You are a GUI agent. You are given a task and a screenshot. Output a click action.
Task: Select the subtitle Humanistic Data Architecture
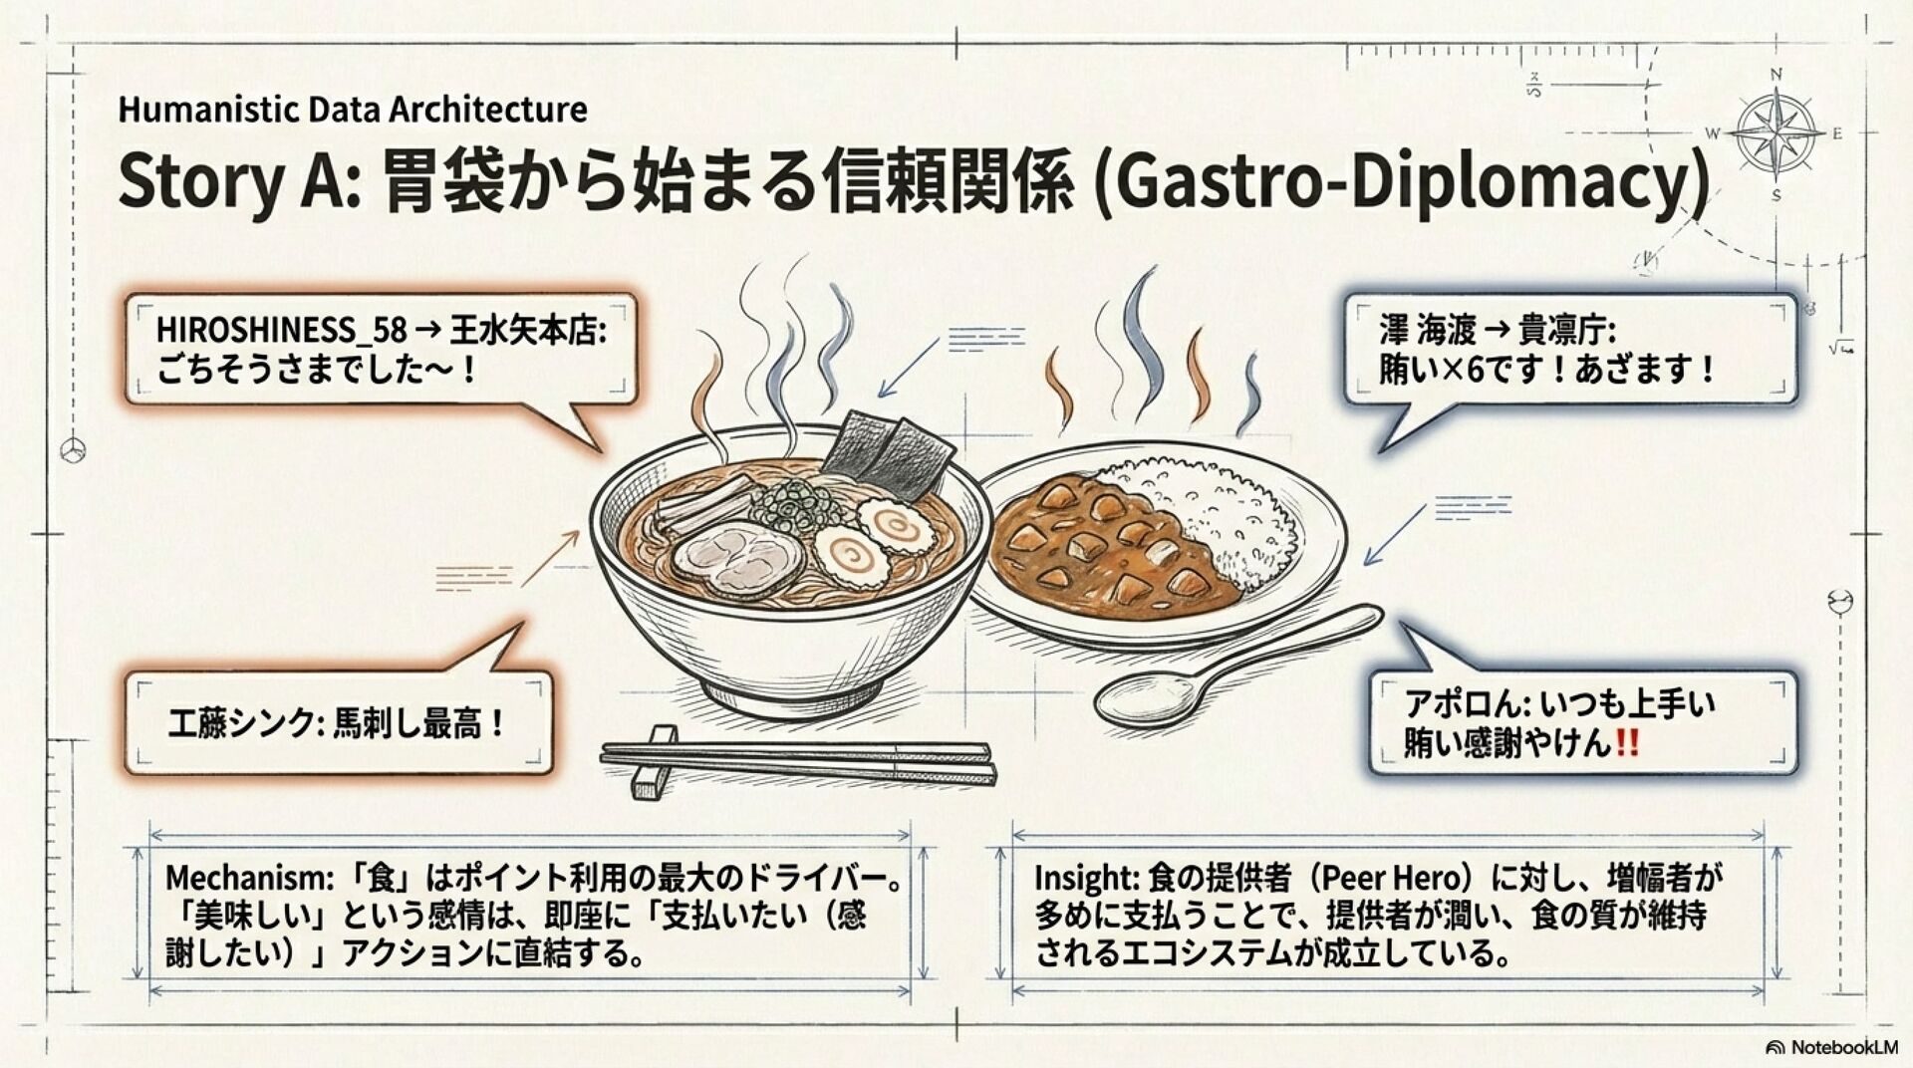353,109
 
